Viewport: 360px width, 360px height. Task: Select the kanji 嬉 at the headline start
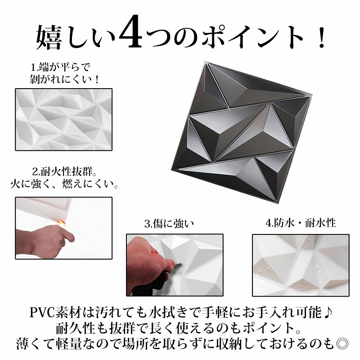(49, 37)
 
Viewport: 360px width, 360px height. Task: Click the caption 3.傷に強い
(169, 224)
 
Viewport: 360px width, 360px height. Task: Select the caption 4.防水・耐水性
(301, 223)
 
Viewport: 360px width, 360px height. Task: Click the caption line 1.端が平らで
(61, 67)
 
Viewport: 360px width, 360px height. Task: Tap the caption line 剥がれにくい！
(64, 80)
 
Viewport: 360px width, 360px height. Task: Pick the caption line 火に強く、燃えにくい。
(64, 184)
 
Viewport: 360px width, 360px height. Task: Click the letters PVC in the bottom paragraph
(42, 312)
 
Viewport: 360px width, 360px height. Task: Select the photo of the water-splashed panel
(301, 265)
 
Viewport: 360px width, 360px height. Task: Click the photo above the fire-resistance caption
(63, 119)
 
